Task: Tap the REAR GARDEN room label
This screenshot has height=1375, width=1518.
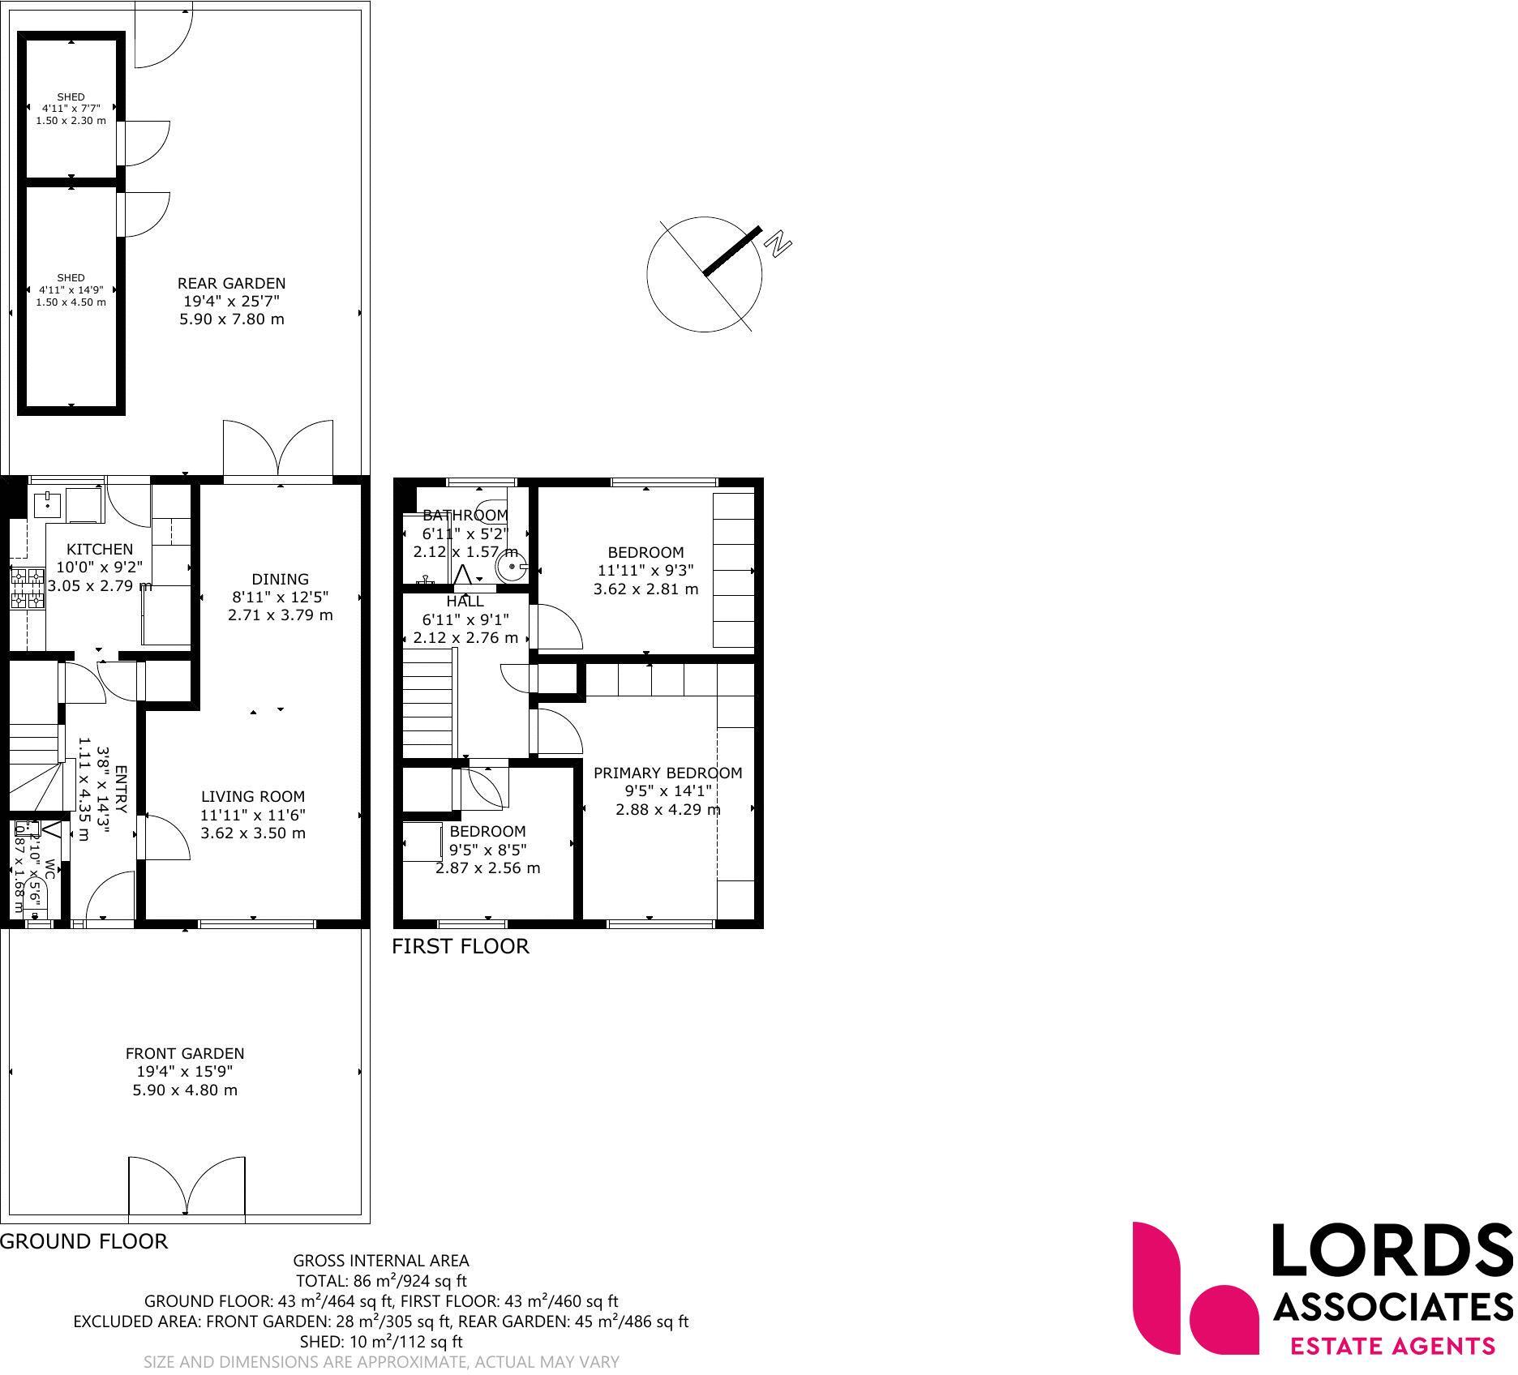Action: [232, 284]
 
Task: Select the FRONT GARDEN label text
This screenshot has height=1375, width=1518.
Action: [185, 1054]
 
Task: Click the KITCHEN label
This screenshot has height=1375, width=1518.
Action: [100, 550]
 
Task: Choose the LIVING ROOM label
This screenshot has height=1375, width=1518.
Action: [253, 797]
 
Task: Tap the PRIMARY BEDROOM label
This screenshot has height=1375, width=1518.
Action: [668, 773]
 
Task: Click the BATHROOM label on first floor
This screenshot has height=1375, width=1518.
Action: [465, 516]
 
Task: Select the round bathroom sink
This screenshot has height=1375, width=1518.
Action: [511, 565]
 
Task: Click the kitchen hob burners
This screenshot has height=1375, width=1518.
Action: [27, 589]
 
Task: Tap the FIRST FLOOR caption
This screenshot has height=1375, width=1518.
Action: [461, 947]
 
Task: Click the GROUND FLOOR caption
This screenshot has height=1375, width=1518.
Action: [84, 1242]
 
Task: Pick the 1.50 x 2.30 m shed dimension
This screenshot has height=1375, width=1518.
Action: [71, 121]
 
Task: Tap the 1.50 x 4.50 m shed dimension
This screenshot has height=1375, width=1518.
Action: [71, 302]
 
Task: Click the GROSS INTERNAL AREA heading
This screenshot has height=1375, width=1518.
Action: [381, 1261]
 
